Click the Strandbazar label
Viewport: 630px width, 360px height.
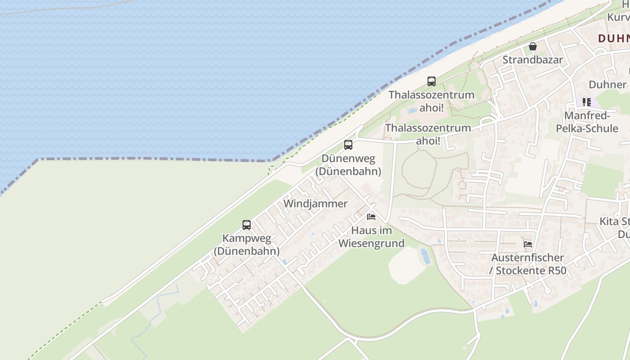pos(532,60)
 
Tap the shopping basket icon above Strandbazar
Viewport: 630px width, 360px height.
pos(533,46)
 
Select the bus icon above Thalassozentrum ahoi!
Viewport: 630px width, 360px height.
pos(432,81)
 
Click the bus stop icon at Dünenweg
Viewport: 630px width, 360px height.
pos(348,145)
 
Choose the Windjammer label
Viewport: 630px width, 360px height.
pos(315,204)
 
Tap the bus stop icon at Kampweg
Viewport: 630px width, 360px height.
pos(247,225)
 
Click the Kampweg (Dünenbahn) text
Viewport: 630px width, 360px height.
pos(247,245)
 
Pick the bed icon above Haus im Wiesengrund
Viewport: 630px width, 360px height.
pos(371,217)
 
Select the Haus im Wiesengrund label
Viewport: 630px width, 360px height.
pos(371,237)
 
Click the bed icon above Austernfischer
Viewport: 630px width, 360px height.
pos(528,244)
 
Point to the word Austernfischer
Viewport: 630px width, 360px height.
pos(527,258)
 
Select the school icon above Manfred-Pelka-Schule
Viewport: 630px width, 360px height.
pos(586,102)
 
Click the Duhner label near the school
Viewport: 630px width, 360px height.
pos(607,85)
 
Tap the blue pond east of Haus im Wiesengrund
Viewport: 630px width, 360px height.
pos(425,256)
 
